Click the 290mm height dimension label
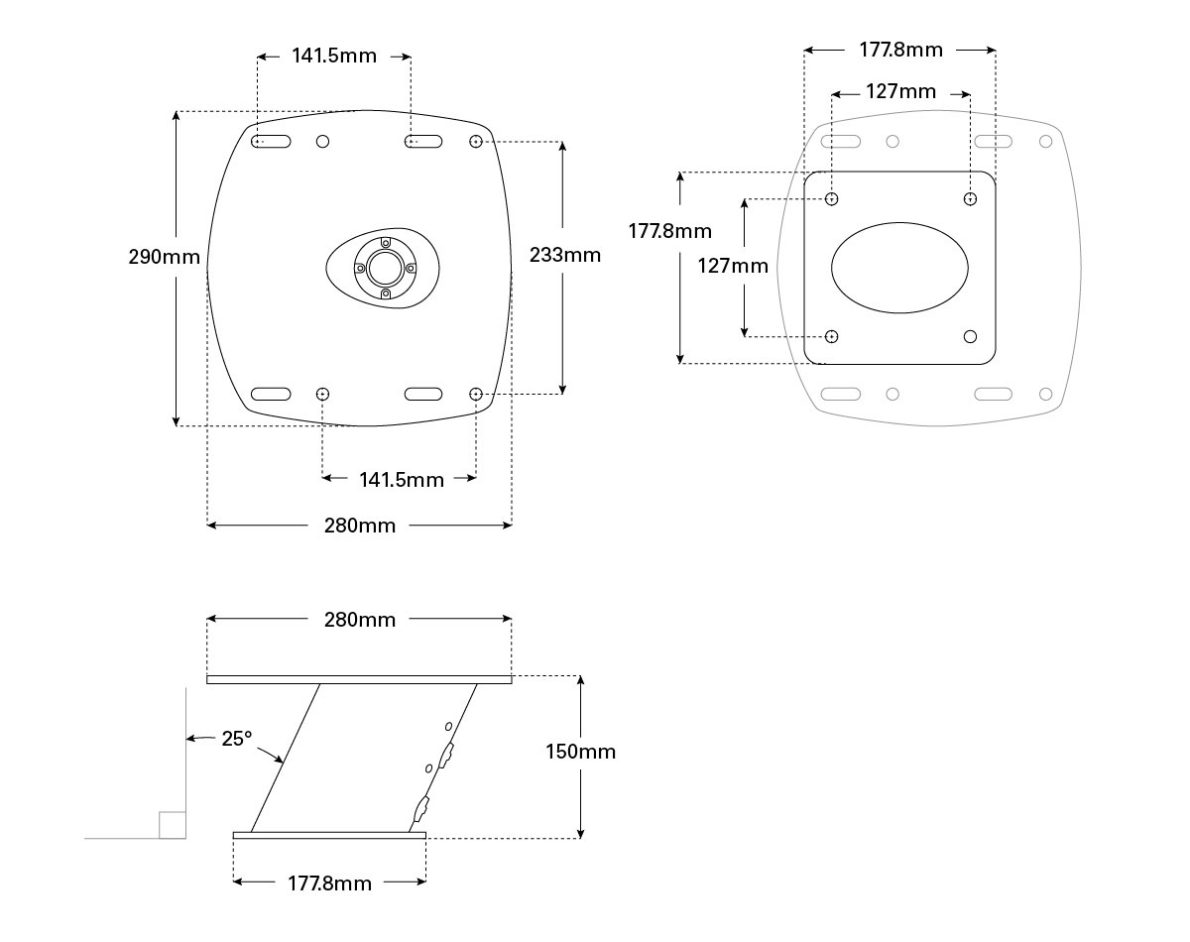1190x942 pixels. pos(165,257)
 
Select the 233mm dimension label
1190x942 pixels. pos(565,255)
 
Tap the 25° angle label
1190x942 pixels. pos(237,739)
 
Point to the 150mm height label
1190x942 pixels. pos(581,752)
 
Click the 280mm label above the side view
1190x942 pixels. pos(360,620)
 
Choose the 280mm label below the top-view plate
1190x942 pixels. pos(360,526)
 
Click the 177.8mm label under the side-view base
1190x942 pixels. pos(329,883)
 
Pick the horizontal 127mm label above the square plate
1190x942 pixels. pos(900,91)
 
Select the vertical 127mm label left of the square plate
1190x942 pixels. pos(733,266)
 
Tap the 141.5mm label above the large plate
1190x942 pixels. pos(334,56)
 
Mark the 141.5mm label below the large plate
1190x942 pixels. pos(402,480)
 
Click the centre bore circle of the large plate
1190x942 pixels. pos(386,269)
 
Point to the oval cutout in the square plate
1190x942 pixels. pos(899,268)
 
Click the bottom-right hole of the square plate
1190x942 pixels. pos(970,336)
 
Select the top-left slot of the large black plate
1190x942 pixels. pos(271,142)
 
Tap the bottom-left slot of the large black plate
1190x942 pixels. pos(271,394)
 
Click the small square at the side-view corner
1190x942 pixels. pos(172,825)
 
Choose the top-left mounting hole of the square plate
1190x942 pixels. pos(832,198)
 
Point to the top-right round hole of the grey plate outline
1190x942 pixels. pos(1045,142)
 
